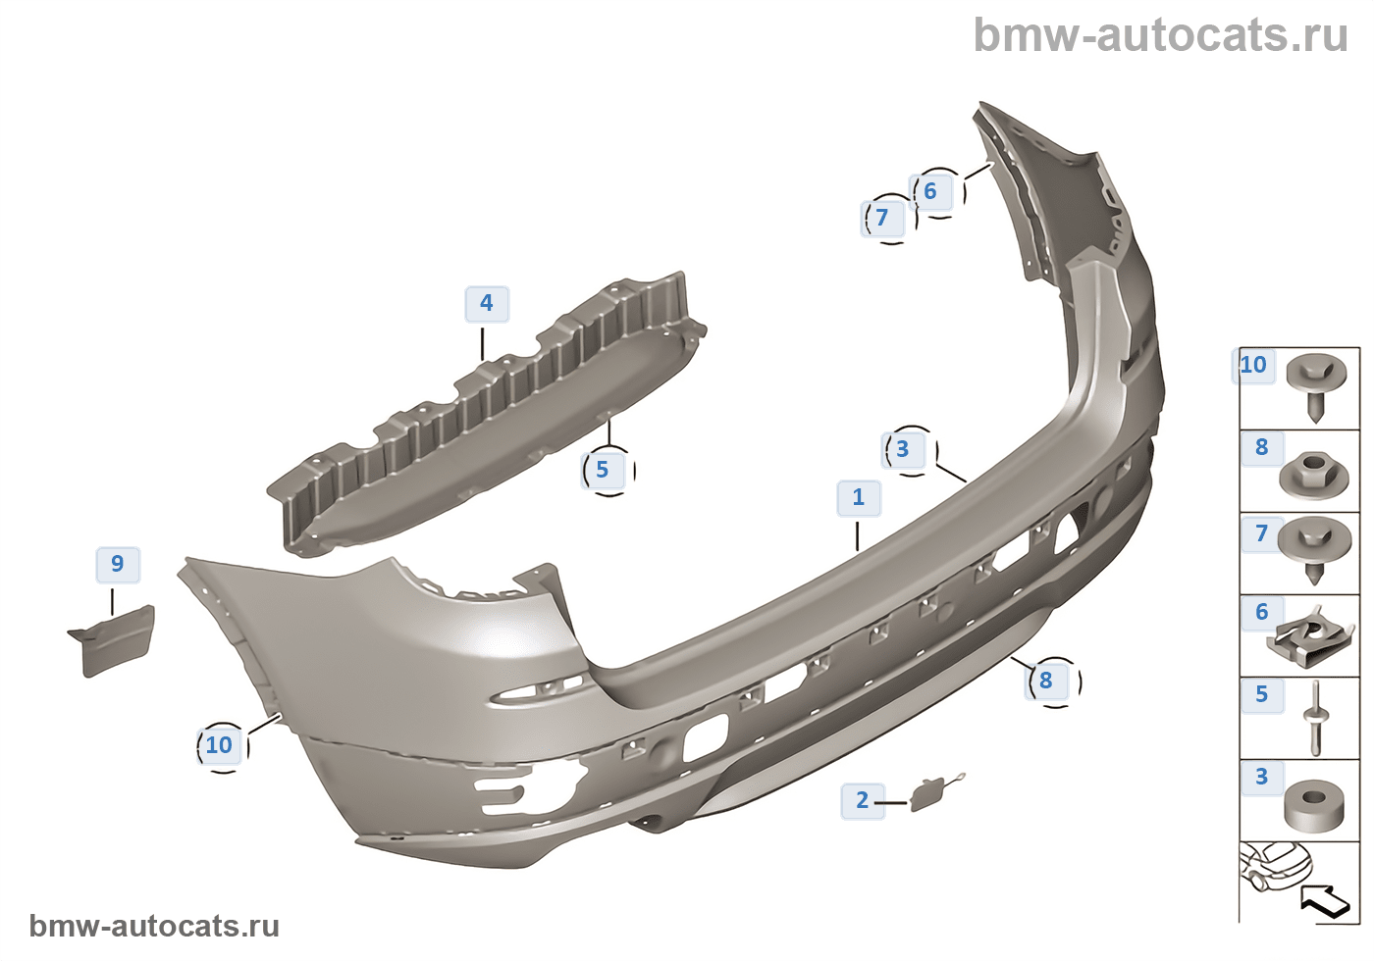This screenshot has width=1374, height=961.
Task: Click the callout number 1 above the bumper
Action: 859,497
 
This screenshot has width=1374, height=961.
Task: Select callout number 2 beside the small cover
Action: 863,801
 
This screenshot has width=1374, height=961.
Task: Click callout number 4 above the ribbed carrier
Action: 486,303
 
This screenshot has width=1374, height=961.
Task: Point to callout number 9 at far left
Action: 118,564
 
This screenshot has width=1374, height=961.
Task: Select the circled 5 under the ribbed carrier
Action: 603,470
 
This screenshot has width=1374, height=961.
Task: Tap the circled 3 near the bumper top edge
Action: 903,450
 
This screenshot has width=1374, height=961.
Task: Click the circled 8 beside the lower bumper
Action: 1046,681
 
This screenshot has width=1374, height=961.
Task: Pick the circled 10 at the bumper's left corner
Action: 219,745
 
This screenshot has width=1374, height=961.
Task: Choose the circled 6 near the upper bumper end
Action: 930,191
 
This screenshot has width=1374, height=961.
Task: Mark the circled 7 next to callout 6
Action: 882,218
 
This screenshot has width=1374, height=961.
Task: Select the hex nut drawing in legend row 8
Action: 1314,476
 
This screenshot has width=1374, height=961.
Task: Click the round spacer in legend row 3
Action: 1314,804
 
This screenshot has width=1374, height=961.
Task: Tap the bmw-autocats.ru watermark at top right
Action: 1161,35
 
